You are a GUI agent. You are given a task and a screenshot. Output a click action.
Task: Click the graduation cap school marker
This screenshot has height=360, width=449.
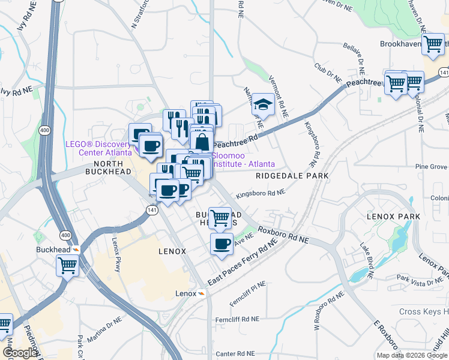(x=262, y=104)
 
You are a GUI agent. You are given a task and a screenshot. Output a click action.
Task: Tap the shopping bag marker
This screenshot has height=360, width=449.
(x=202, y=143)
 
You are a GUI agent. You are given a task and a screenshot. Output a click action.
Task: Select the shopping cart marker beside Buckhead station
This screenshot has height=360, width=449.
(x=68, y=264)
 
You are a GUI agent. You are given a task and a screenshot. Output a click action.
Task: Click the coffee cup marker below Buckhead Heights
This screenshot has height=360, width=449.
(x=221, y=244)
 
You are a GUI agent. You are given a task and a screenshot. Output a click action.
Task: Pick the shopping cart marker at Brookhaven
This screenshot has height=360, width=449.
(x=433, y=44)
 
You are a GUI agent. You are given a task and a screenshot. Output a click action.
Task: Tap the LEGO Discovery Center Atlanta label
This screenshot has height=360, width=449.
(x=98, y=148)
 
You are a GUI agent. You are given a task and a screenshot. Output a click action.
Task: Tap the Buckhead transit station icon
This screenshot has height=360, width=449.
(x=76, y=250)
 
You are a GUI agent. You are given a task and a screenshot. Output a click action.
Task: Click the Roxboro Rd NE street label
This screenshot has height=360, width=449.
(x=283, y=235)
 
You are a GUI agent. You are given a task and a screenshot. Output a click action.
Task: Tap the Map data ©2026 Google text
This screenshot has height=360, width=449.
(x=412, y=355)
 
